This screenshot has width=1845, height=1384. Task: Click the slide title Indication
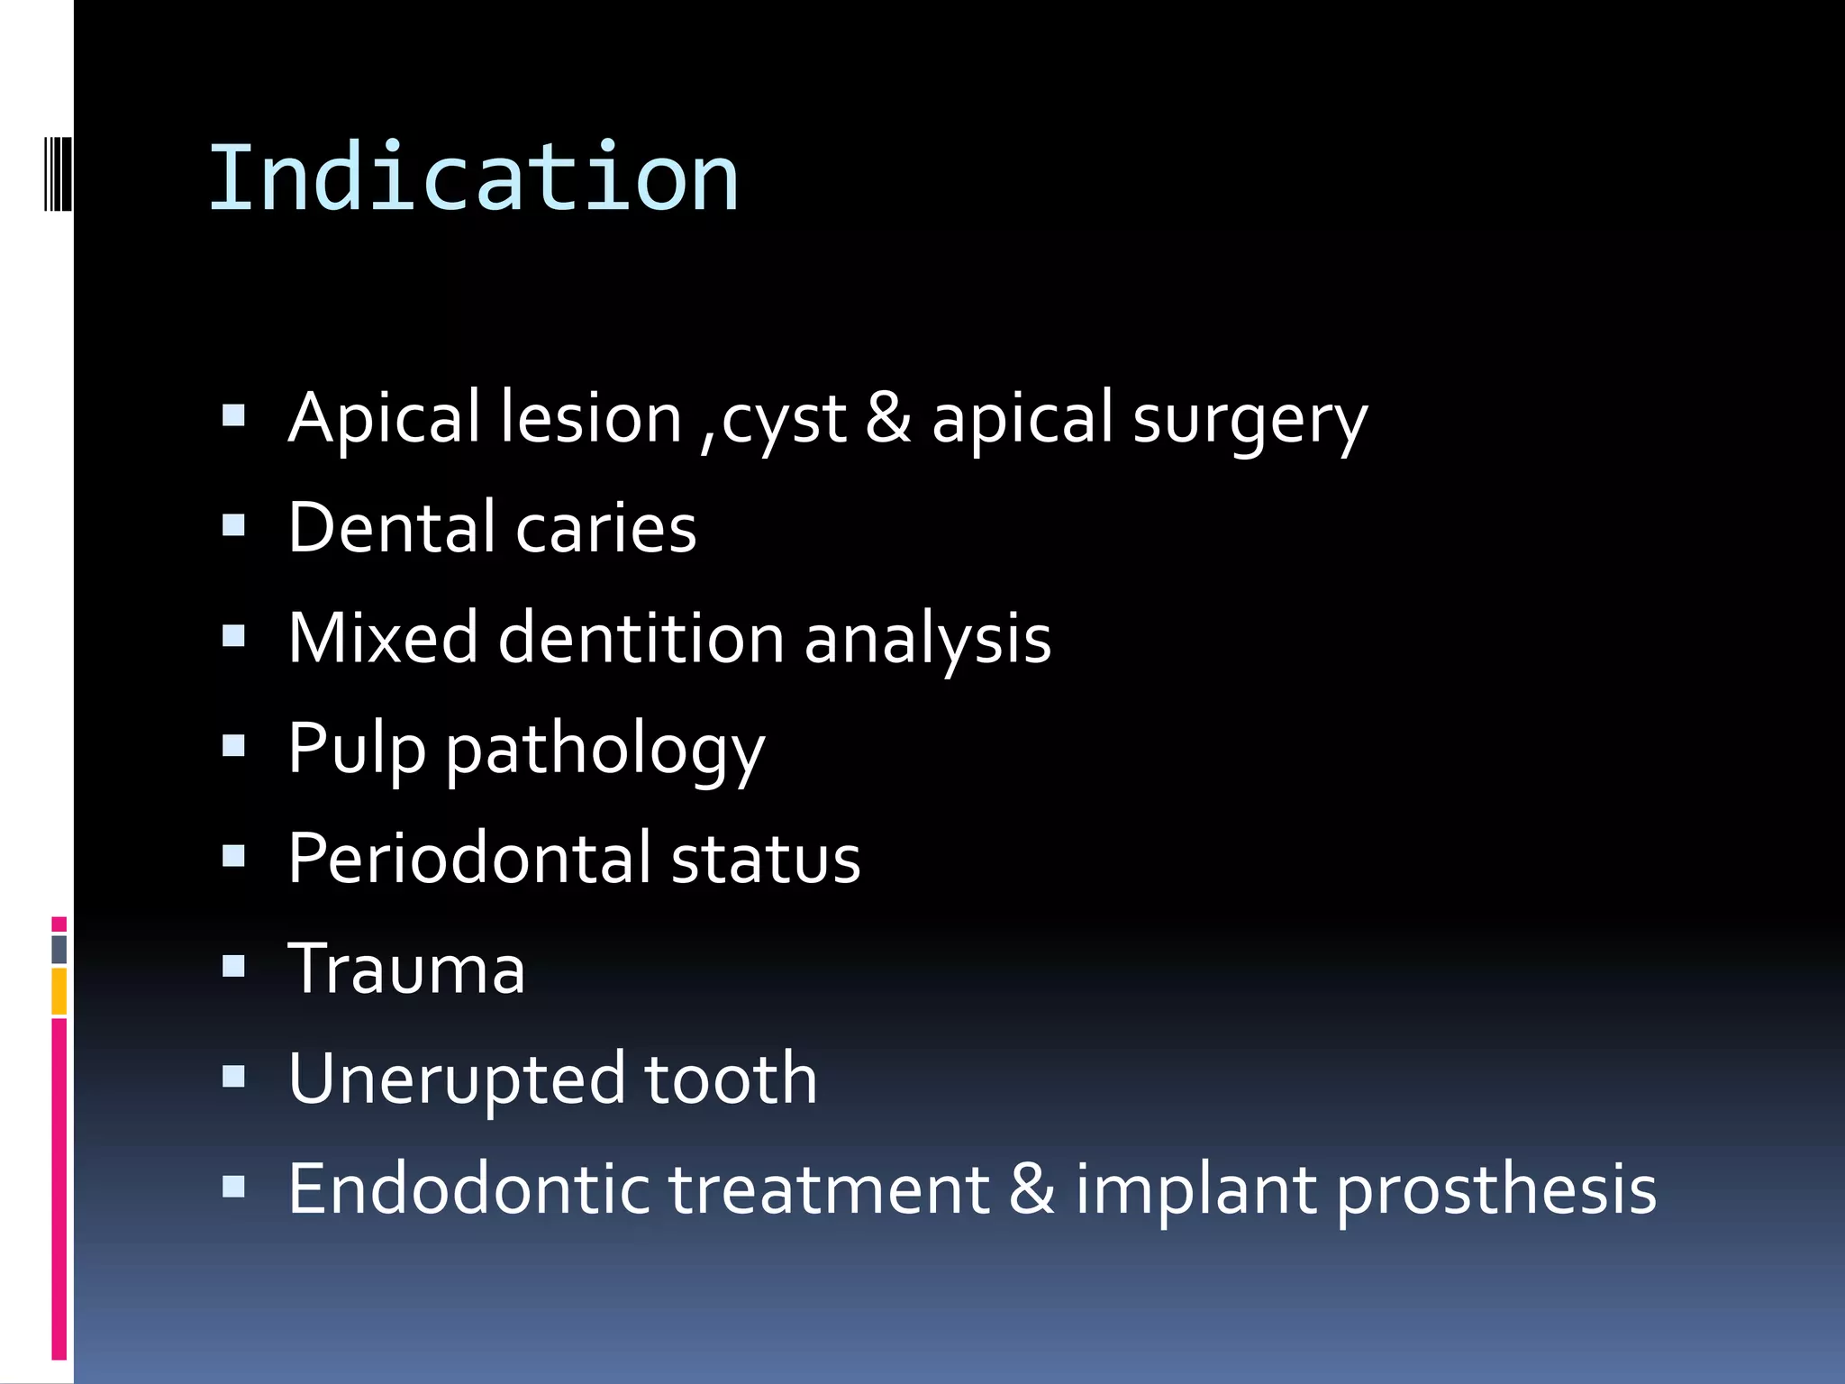pos(474,178)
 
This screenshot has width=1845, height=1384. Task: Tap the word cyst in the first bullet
pos(784,421)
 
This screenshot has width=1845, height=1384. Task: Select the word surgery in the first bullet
pos(1250,421)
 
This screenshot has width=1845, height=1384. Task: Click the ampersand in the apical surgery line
pos(888,418)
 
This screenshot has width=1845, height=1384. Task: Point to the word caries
pos(606,529)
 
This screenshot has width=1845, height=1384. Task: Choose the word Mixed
pos(383,639)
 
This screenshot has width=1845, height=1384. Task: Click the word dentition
pos(641,639)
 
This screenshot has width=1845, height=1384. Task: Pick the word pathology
pos(604,751)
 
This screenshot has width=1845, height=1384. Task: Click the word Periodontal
pos(469,859)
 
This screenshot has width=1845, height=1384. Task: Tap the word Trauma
pos(406,970)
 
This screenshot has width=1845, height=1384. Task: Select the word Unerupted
pos(456,1080)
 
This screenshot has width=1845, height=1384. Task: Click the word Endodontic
pos(468,1190)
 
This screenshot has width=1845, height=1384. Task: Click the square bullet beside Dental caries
pos(233,525)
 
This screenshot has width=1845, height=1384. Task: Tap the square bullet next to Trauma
pos(233,967)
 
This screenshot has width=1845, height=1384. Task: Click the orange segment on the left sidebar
pos(59,991)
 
